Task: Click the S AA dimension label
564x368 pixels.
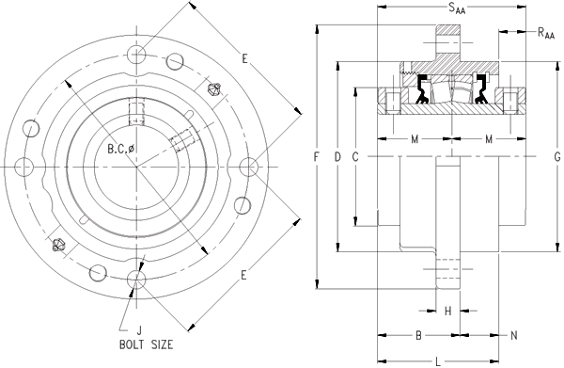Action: [457, 8]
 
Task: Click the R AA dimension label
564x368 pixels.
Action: [546, 33]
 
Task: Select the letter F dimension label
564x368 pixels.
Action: [317, 156]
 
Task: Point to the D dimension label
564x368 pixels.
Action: [337, 156]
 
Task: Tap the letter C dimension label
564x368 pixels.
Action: [355, 156]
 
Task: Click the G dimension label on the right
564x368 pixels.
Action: [557, 156]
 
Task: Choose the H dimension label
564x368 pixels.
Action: [447, 311]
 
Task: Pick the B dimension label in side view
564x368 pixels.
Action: [418, 335]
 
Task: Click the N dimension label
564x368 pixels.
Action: [514, 335]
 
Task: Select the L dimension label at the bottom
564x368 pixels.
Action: [438, 361]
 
